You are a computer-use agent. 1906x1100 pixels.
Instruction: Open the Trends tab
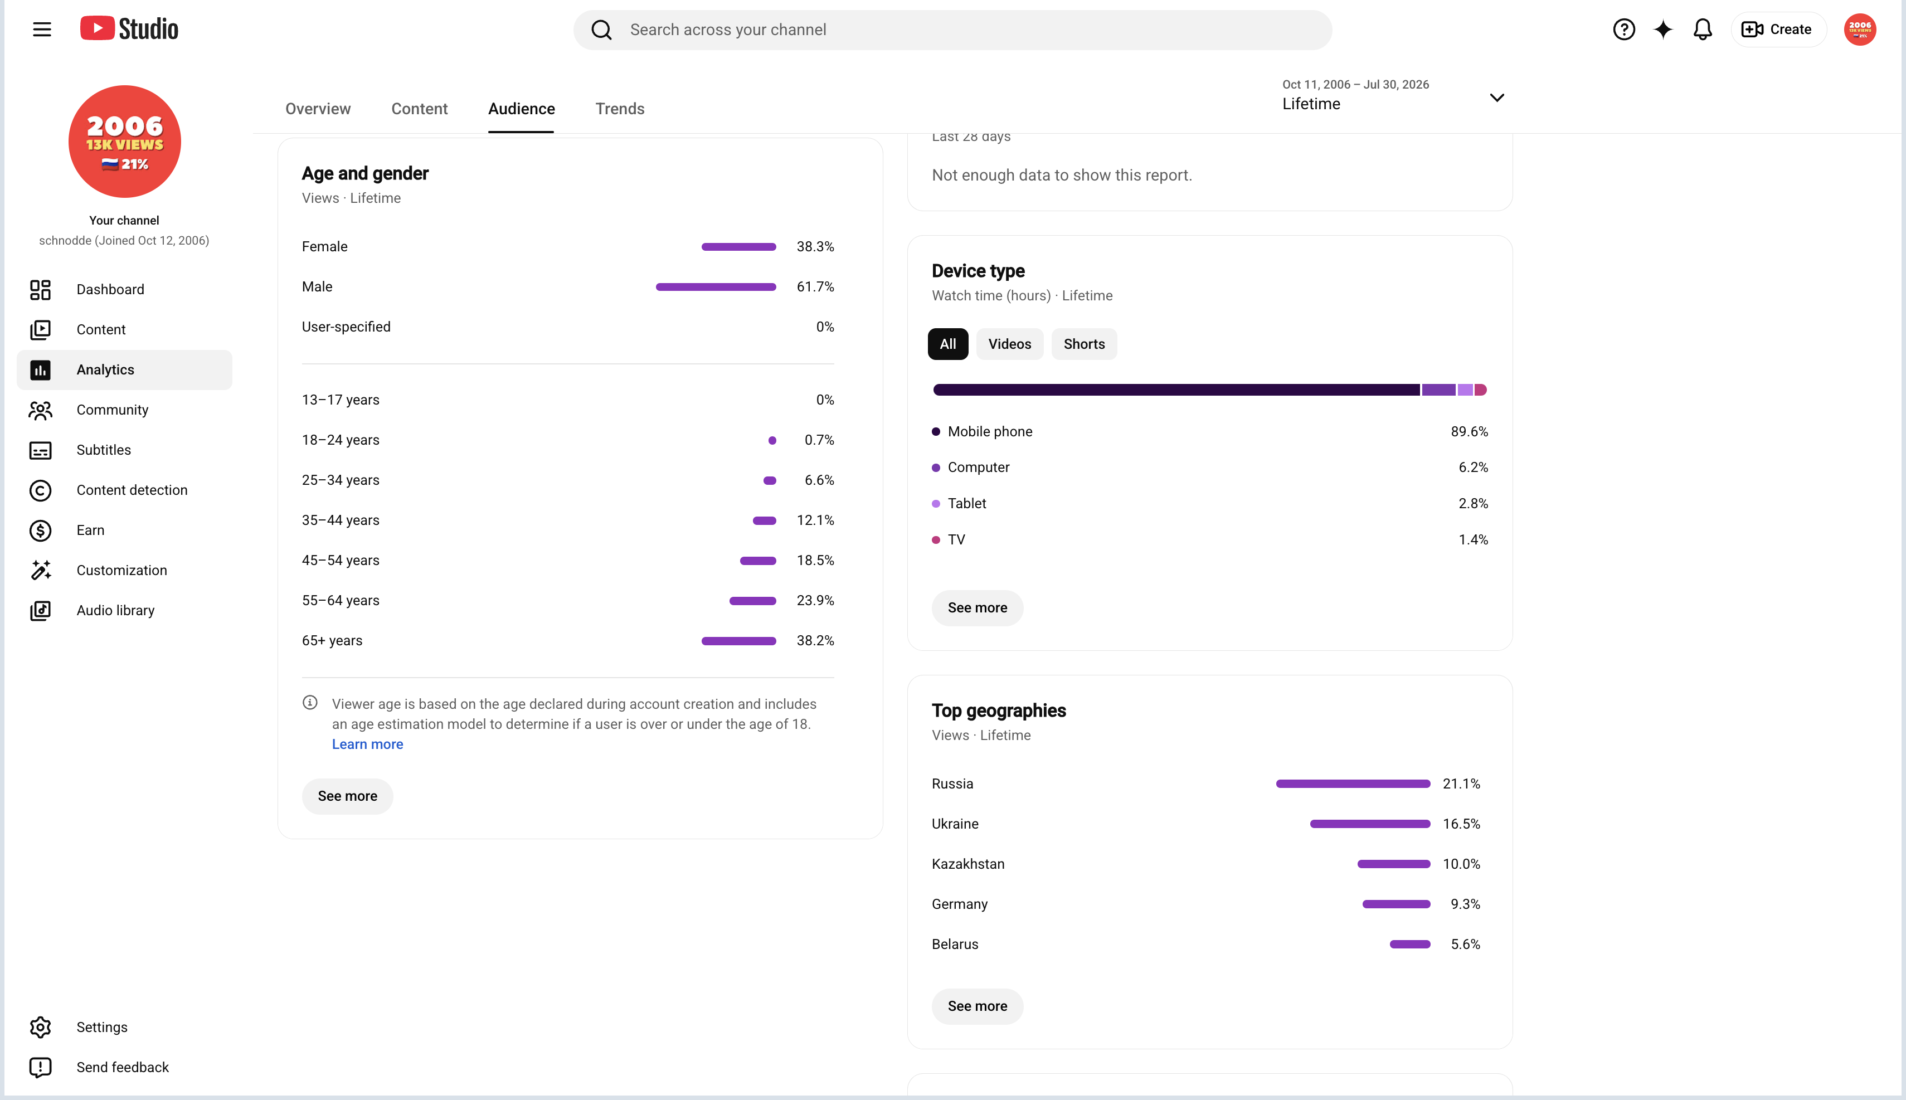click(x=620, y=109)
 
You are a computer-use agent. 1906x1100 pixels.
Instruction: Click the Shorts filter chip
click(x=1084, y=344)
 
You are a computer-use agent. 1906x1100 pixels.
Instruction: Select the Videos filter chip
click(x=1009, y=344)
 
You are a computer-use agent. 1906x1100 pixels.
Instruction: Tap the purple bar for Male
click(x=716, y=287)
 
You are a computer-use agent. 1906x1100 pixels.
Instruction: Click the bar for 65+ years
click(x=738, y=641)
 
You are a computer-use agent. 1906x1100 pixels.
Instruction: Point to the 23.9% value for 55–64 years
click(x=815, y=601)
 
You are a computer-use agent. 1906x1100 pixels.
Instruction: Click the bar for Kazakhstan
click(x=1393, y=864)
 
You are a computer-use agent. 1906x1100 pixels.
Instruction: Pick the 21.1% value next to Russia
click(x=1461, y=783)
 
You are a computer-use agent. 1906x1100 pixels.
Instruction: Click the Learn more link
click(x=367, y=744)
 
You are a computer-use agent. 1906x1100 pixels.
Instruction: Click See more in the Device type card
click(x=977, y=608)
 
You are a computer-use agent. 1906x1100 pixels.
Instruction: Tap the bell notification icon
click(x=1702, y=30)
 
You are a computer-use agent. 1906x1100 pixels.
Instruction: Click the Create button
click(x=1778, y=30)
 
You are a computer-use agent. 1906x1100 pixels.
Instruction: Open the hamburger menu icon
click(x=42, y=30)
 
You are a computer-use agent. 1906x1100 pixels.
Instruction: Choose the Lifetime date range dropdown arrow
click(x=1496, y=98)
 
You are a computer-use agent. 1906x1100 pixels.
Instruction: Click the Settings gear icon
click(x=40, y=1026)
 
